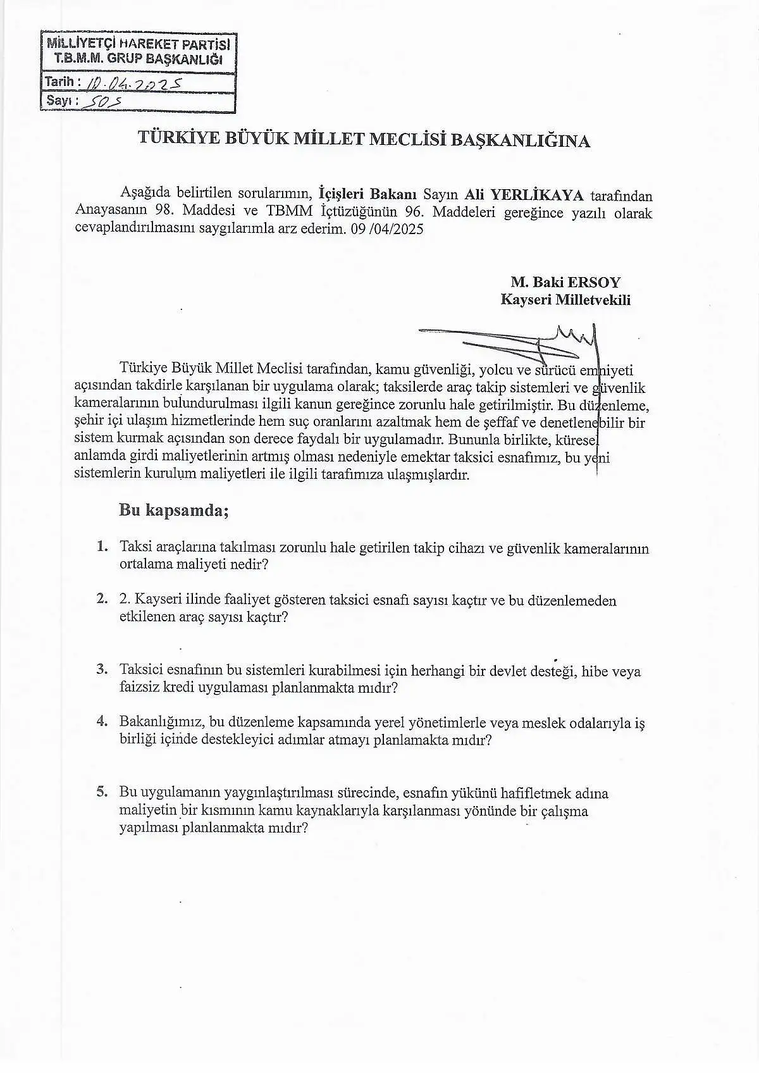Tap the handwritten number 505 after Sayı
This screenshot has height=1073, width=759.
click(106, 101)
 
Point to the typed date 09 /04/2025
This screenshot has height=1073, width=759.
click(386, 229)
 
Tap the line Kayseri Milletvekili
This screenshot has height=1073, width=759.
click(565, 300)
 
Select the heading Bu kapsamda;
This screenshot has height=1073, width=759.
click(173, 510)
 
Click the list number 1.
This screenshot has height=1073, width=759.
click(102, 546)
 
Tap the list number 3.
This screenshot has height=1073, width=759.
click(102, 669)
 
